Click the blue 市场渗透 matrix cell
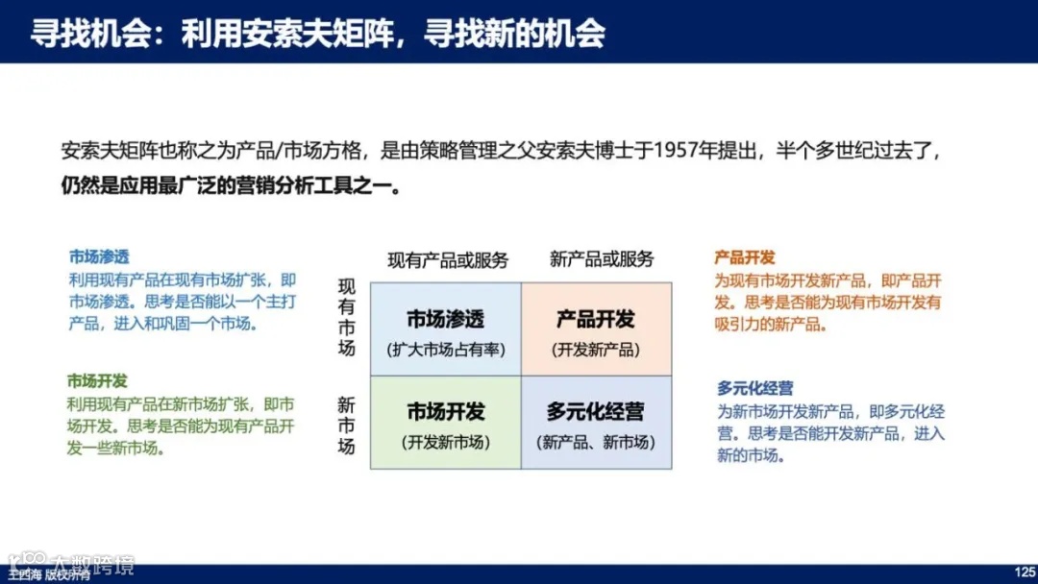(x=445, y=329)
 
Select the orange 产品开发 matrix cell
(x=596, y=329)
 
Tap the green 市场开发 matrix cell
(x=445, y=423)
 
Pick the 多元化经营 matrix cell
(x=596, y=423)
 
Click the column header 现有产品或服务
(x=448, y=260)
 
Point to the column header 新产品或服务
(x=602, y=259)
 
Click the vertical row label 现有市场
(x=347, y=317)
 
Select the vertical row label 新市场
(x=346, y=426)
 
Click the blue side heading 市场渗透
(x=98, y=257)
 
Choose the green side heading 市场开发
(x=97, y=381)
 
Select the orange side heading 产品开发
(x=745, y=258)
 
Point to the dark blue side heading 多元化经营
(x=755, y=388)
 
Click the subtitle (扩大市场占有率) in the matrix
(x=446, y=351)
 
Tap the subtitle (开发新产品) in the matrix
(x=596, y=351)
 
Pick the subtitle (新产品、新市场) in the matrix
(x=596, y=443)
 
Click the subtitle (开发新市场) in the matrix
(x=446, y=443)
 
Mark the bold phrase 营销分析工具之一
(x=327, y=183)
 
